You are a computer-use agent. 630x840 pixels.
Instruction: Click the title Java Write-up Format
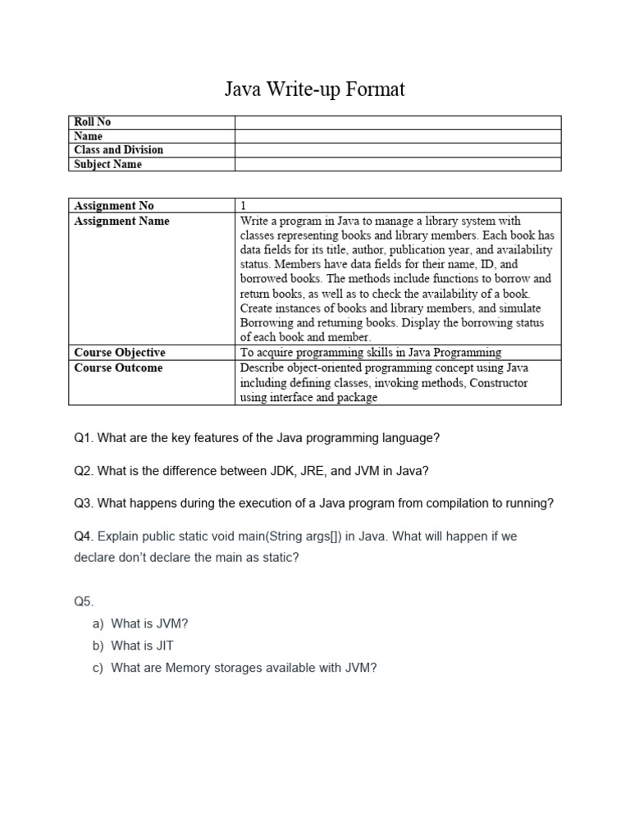315,89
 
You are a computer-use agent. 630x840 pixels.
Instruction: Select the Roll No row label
92,122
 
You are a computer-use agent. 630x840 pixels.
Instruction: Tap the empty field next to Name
398,136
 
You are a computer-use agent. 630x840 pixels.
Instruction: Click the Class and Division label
118,150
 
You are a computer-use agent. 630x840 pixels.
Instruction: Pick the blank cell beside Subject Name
398,164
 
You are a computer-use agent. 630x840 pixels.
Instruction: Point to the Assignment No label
113,206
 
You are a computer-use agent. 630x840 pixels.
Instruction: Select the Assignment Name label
121,221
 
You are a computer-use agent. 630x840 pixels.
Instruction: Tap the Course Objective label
119,353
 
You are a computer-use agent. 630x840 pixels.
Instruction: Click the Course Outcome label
118,367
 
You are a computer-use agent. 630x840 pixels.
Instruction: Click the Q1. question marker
84,438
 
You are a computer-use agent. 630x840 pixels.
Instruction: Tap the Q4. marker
84,536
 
